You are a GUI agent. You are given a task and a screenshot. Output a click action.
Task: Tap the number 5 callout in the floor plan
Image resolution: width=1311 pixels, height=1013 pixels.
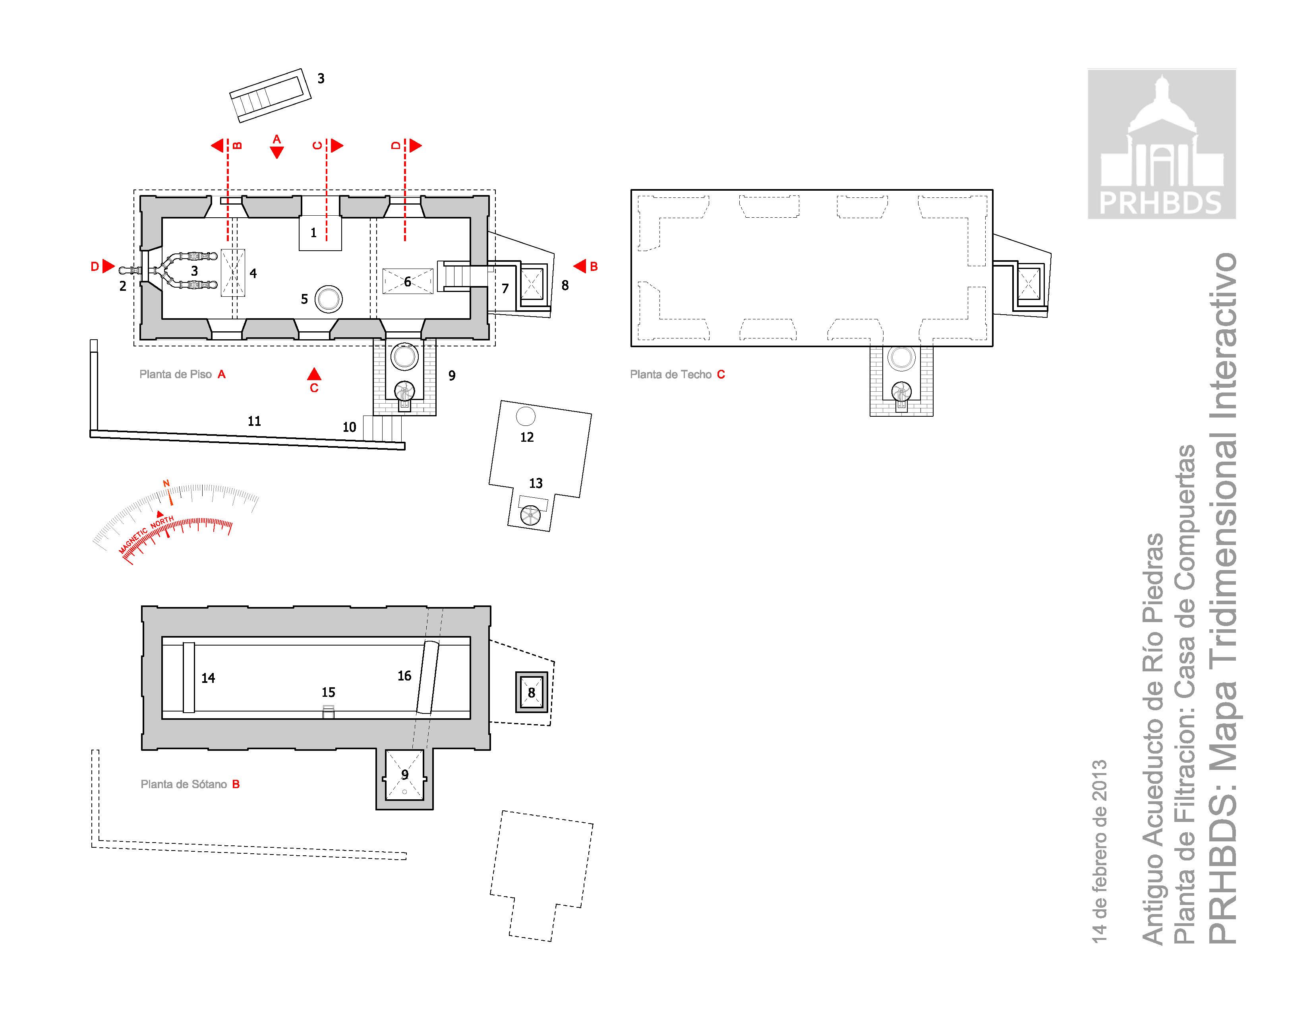[x=304, y=299]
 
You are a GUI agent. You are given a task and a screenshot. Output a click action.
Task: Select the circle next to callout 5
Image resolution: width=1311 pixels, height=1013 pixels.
[x=329, y=299]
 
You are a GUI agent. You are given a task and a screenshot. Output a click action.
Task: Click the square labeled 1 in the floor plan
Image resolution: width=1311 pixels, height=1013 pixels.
[x=320, y=232]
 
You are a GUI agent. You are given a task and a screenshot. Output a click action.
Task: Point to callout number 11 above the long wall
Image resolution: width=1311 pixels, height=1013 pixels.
[x=255, y=421]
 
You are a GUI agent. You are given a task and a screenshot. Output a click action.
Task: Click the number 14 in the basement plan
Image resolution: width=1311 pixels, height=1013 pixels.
[x=208, y=678]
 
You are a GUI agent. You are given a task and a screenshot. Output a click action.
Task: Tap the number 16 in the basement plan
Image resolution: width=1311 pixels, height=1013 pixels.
[x=404, y=676]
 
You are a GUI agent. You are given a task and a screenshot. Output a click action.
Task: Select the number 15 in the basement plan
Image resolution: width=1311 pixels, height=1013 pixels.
[x=328, y=692]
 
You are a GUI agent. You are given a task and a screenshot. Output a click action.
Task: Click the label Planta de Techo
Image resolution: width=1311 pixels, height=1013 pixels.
[x=671, y=375]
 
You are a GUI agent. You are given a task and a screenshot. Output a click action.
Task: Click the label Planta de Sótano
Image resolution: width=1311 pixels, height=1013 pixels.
[x=184, y=784]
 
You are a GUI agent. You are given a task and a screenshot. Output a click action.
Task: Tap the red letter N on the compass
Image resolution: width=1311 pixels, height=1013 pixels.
[x=166, y=483]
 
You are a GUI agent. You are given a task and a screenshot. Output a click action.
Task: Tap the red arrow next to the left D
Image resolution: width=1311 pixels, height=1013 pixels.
[x=108, y=266]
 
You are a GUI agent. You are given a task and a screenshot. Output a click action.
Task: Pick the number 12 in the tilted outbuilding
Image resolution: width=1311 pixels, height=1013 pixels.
[x=527, y=437]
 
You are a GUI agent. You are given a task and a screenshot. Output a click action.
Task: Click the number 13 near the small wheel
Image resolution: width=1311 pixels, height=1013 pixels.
[x=536, y=483]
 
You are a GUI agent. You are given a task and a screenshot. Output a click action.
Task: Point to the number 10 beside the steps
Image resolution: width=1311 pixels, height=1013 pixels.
[x=349, y=427]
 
